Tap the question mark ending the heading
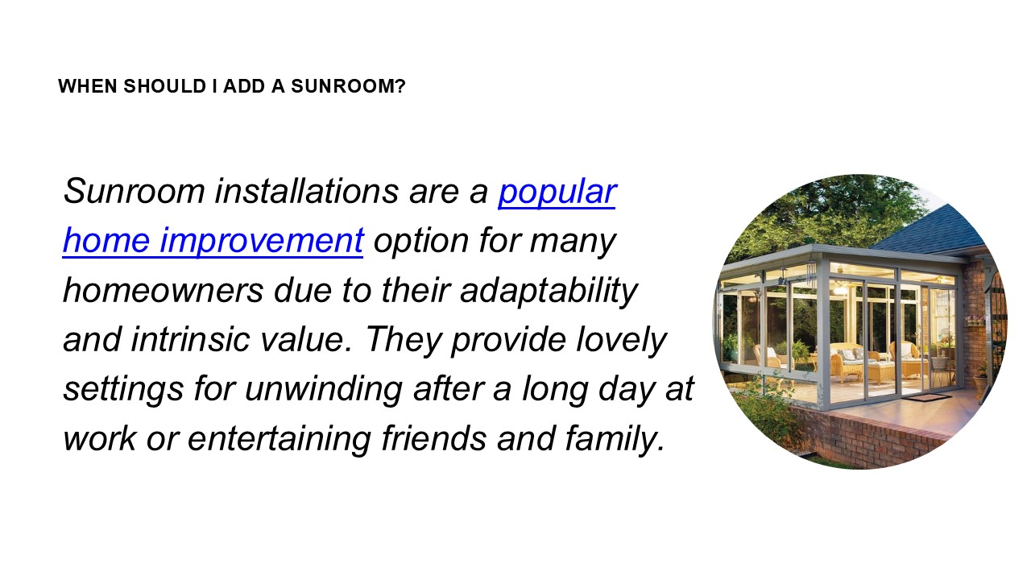(x=401, y=86)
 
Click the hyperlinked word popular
(x=557, y=192)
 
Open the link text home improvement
(x=213, y=241)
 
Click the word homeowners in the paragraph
(x=163, y=290)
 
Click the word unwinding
(x=323, y=388)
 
